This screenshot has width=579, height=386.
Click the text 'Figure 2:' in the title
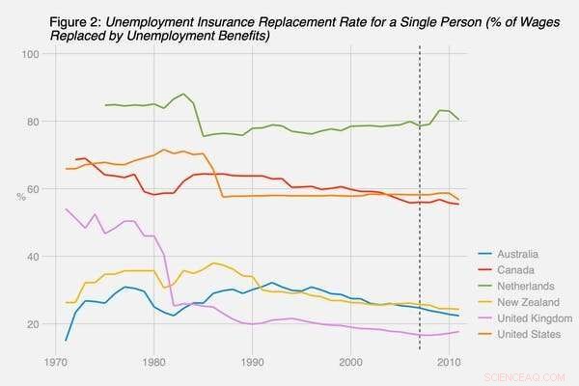click(x=76, y=20)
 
